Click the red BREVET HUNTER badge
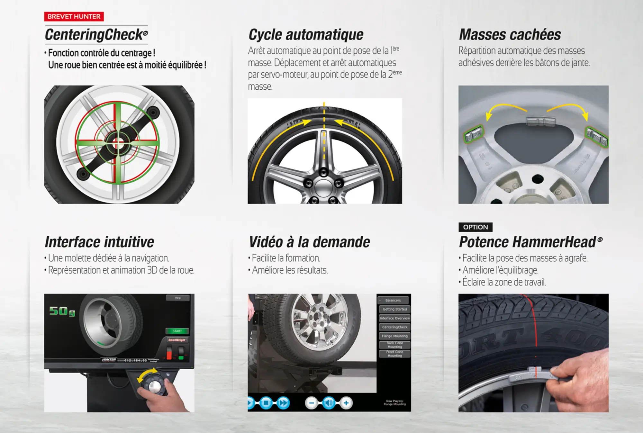click(74, 16)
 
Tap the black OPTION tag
click(475, 227)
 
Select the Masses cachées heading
click(510, 35)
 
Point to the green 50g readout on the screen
click(62, 311)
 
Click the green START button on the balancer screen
click(177, 331)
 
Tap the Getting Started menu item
click(394, 309)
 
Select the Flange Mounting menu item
click(394, 336)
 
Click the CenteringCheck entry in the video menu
click(394, 327)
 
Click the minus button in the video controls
click(311, 403)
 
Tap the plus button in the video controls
click(346, 403)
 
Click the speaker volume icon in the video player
click(329, 403)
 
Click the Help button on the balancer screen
click(178, 298)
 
